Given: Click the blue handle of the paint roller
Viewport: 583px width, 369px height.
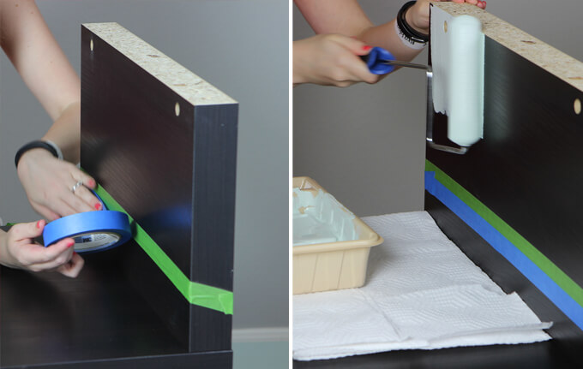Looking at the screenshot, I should [x=380, y=59].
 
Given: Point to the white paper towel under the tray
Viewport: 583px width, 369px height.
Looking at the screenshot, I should [x=429, y=291].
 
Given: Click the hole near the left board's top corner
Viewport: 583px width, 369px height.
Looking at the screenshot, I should [x=92, y=43].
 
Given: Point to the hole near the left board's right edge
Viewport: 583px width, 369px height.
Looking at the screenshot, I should [x=178, y=110].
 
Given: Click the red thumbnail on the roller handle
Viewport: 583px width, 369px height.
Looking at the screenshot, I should [x=367, y=48].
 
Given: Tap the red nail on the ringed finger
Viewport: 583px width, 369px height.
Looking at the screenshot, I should [x=99, y=206].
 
